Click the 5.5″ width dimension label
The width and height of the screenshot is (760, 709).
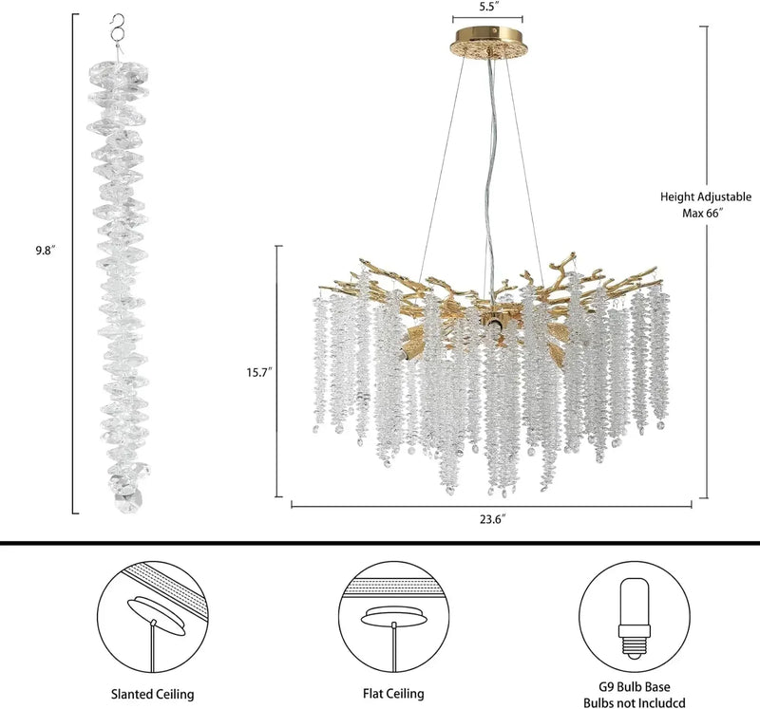click(486, 8)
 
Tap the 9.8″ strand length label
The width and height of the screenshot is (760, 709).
click(46, 251)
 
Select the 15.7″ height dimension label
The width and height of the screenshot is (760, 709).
click(259, 372)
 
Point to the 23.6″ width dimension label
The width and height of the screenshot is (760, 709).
click(492, 519)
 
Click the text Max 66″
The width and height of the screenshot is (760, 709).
click(703, 213)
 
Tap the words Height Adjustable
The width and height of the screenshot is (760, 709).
click(706, 196)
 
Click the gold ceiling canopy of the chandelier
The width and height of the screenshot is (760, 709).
click(488, 43)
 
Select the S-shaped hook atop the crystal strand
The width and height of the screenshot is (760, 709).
click(116, 28)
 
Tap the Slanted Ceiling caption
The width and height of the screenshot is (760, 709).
click(153, 694)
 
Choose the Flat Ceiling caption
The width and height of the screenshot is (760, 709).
click(393, 694)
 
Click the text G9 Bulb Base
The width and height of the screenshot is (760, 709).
click(634, 687)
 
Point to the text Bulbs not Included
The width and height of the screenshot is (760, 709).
click(634, 702)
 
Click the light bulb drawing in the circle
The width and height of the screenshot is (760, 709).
click(634, 619)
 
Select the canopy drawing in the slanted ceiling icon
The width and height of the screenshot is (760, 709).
click(157, 615)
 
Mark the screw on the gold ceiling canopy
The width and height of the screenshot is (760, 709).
click(494, 30)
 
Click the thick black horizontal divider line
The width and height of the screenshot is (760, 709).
click(380, 543)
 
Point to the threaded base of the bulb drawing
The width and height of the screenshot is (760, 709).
click(634, 647)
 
